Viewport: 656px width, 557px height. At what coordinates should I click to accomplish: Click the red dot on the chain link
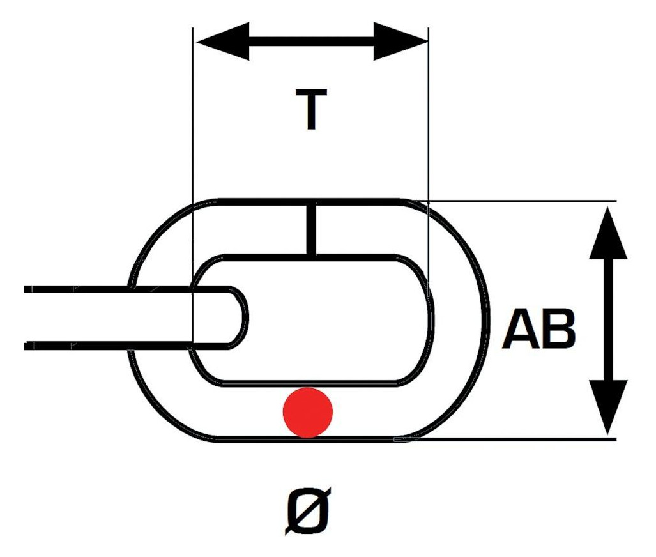coord(308,413)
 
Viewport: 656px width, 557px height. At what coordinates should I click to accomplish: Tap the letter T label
coord(311,109)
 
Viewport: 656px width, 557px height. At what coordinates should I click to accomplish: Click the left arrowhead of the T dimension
coord(222,42)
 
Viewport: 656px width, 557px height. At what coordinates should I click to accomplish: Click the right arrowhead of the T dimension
coord(400,42)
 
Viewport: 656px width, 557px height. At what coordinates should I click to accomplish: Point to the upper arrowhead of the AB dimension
coord(608,233)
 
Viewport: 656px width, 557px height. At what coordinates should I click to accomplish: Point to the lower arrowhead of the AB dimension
coord(608,408)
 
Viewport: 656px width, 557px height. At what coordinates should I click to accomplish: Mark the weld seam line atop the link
coord(311,229)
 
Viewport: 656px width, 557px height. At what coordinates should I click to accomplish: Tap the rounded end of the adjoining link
coord(241,317)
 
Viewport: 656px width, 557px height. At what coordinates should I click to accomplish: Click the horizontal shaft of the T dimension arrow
coord(312,42)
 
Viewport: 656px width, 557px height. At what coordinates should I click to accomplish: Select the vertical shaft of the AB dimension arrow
coord(608,320)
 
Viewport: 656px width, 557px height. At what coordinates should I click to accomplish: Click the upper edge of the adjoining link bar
coord(125,289)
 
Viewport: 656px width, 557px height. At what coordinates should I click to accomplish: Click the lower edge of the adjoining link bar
coord(125,346)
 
